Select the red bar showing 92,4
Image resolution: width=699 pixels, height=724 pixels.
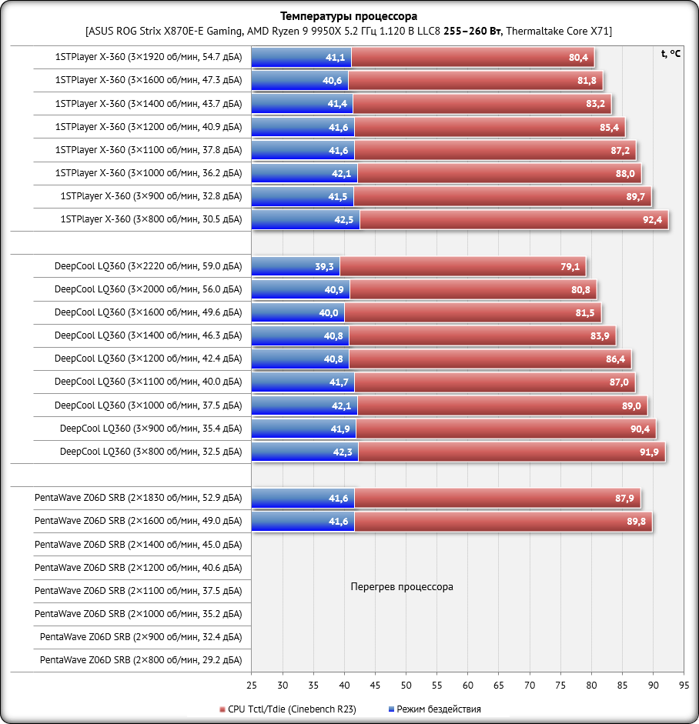pyautogui.click(x=513, y=220)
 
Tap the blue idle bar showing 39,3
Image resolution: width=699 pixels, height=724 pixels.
pyautogui.click(x=296, y=266)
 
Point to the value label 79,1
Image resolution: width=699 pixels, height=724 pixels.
pyautogui.click(x=570, y=266)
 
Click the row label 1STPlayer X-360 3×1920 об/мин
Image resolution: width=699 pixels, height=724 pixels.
pyautogui.click(x=149, y=57)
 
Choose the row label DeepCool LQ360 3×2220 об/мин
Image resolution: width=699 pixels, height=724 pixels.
pyautogui.click(x=148, y=266)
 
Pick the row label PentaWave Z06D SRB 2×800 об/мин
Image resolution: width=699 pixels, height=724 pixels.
pyautogui.click(x=141, y=660)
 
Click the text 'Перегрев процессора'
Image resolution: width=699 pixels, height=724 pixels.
pyautogui.click(x=402, y=586)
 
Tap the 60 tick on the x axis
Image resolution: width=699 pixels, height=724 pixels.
pyautogui.click(x=468, y=685)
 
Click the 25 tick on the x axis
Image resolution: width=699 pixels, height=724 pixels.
pyautogui.click(x=252, y=685)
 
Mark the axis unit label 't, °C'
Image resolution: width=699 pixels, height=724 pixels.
pyautogui.click(x=671, y=53)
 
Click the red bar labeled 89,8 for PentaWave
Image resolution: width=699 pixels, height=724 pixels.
pyautogui.click(x=503, y=522)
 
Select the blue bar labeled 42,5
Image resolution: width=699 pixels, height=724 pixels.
pyautogui.click(x=306, y=220)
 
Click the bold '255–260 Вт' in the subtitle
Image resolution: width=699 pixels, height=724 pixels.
pyautogui.click(x=472, y=31)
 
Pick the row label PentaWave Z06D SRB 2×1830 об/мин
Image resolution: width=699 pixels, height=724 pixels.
pyautogui.click(x=138, y=498)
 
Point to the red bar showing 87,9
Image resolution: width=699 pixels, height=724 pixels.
pyautogui.click(x=497, y=499)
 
